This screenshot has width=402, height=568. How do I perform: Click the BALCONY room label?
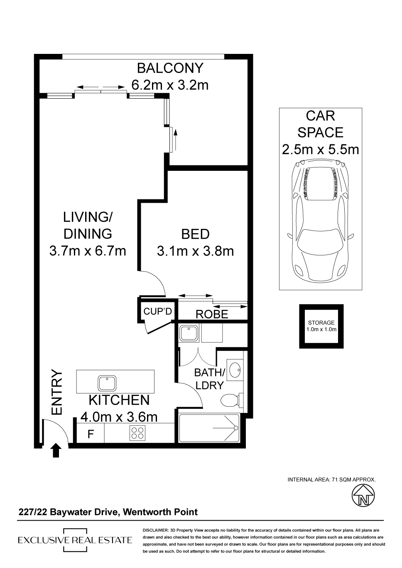170,68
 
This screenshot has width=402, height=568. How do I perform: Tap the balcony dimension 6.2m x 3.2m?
170,85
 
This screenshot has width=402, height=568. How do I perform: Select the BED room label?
195,234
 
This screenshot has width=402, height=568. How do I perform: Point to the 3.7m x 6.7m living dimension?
88,251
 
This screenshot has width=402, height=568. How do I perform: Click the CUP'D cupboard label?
158,311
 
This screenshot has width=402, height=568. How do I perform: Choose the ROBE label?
212,314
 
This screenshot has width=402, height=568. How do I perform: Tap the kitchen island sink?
108,383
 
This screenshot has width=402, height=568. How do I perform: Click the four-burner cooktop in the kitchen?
137,432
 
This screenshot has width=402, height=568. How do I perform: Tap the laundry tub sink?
189,333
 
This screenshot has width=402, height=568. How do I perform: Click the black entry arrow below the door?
56,450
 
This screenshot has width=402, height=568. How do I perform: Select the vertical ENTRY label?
57,393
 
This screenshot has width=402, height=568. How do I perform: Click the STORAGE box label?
321,326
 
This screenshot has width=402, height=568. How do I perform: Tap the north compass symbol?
363,495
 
